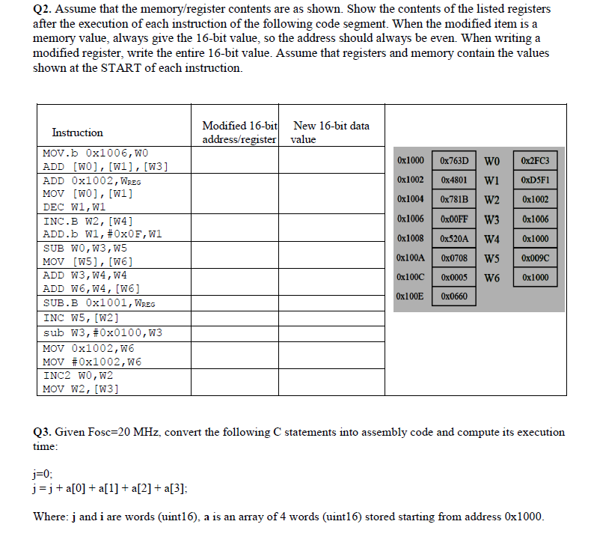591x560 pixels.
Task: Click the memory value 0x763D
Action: point(454,161)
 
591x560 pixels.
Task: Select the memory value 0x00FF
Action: point(454,219)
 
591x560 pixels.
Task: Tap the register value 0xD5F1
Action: point(536,180)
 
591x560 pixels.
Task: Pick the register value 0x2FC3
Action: point(536,161)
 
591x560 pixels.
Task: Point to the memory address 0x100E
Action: point(411,296)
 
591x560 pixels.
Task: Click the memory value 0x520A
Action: point(454,239)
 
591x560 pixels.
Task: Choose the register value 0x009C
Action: point(536,258)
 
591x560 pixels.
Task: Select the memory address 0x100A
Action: point(411,258)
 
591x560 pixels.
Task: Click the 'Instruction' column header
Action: point(77,133)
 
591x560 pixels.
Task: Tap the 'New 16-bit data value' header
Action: point(331,133)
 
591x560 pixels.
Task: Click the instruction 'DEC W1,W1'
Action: point(74,207)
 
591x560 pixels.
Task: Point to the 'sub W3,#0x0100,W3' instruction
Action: point(102,332)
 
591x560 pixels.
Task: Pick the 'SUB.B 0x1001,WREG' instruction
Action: point(99,303)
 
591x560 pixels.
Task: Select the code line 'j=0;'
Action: point(45,474)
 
